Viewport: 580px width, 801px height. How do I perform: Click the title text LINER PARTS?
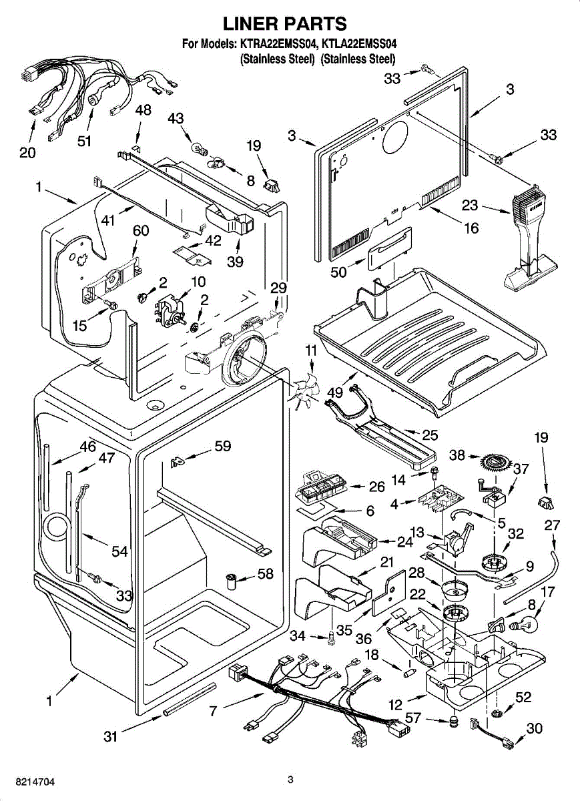click(x=285, y=24)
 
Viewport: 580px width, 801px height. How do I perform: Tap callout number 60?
click(x=141, y=230)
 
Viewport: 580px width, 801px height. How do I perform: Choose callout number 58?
click(x=266, y=573)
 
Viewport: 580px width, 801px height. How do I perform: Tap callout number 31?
click(x=111, y=737)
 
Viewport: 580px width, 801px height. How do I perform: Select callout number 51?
click(x=85, y=140)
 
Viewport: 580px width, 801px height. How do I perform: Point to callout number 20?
click(x=27, y=153)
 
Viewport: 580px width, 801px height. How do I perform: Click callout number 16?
click(x=471, y=228)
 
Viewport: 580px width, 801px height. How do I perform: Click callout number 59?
click(x=222, y=446)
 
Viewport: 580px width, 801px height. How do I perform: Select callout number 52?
click(x=523, y=697)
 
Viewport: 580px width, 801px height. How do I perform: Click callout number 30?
click(x=534, y=729)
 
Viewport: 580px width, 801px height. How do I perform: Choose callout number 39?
click(x=234, y=262)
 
